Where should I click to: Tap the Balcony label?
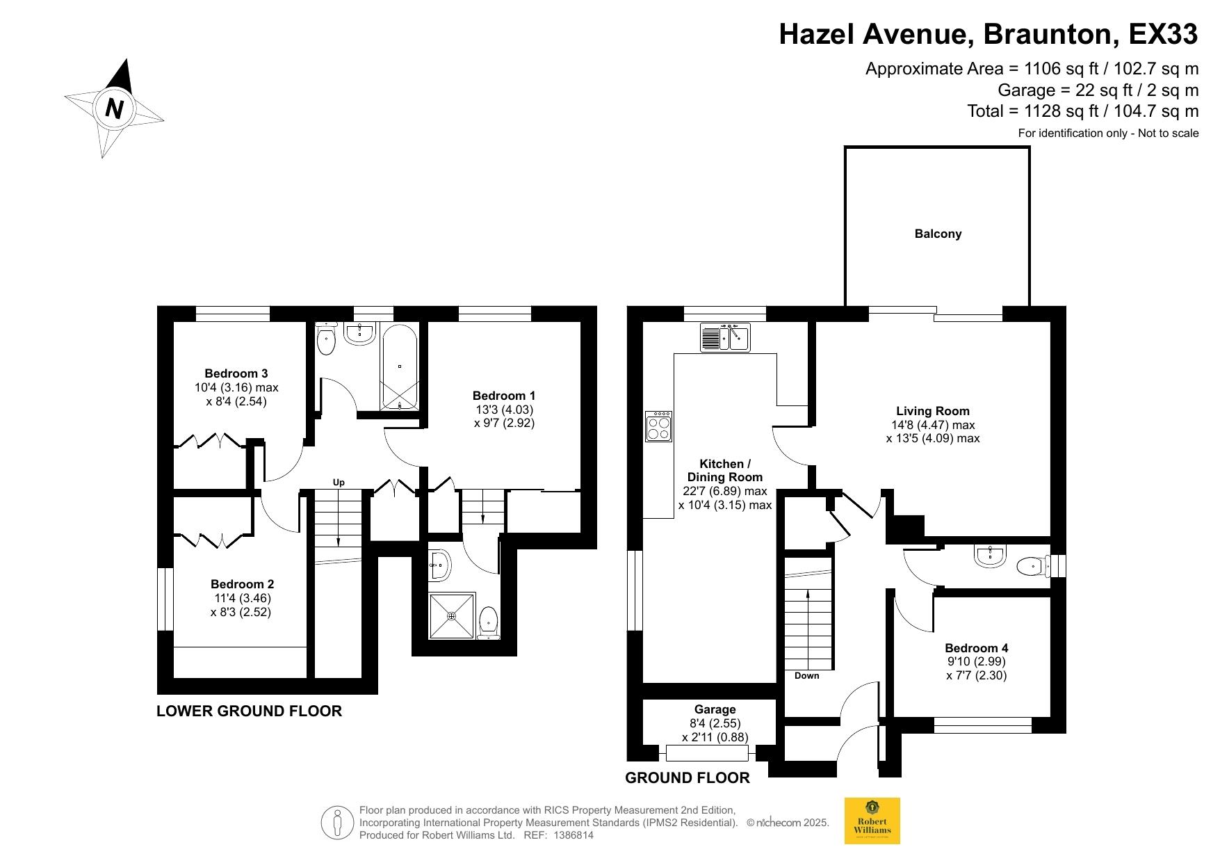click(938, 234)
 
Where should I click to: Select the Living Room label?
click(932, 411)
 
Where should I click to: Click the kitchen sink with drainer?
click(724, 337)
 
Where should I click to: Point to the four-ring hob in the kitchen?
click(658, 426)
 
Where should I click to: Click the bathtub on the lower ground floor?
click(400, 366)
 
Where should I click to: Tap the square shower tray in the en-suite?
click(452, 615)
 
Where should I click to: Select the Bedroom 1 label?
click(504, 396)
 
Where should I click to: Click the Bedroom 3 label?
click(236, 373)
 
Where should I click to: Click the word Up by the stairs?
click(339, 483)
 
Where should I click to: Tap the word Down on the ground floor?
click(806, 675)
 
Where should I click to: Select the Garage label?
click(715, 709)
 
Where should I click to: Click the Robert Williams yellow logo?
click(872, 821)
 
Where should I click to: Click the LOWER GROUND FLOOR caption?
click(249, 711)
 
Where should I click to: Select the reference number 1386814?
click(574, 835)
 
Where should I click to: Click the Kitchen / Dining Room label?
click(725, 470)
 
